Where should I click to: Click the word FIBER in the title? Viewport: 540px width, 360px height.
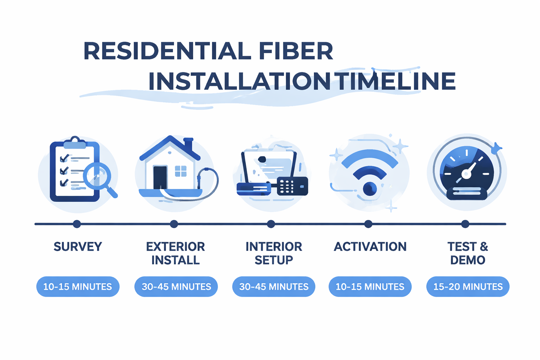click(x=296, y=51)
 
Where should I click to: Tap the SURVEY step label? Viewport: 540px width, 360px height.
click(x=78, y=247)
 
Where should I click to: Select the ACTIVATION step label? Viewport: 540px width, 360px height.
click(x=370, y=247)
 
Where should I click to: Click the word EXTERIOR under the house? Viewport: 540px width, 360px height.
click(x=175, y=247)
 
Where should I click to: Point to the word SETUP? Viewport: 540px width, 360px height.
click(x=274, y=260)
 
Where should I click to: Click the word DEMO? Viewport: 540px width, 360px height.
click(x=468, y=260)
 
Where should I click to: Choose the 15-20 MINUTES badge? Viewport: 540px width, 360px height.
click(x=468, y=287)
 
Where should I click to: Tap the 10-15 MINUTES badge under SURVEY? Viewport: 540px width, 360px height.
click(x=78, y=287)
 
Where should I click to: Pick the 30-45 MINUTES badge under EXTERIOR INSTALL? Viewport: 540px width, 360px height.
click(x=176, y=287)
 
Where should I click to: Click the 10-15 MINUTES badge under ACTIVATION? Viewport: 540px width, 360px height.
click(x=370, y=287)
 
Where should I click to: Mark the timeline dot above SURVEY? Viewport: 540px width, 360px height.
click(x=77, y=224)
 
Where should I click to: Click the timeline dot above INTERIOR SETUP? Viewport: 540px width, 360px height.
click(x=271, y=224)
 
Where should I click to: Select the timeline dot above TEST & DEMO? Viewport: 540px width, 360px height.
click(x=465, y=224)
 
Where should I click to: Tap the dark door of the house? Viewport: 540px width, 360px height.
click(x=160, y=177)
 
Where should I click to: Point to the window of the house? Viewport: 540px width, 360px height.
click(x=181, y=171)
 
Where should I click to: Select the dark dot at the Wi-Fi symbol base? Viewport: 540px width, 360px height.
click(x=370, y=189)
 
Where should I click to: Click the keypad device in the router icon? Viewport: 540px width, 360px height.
click(x=292, y=186)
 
